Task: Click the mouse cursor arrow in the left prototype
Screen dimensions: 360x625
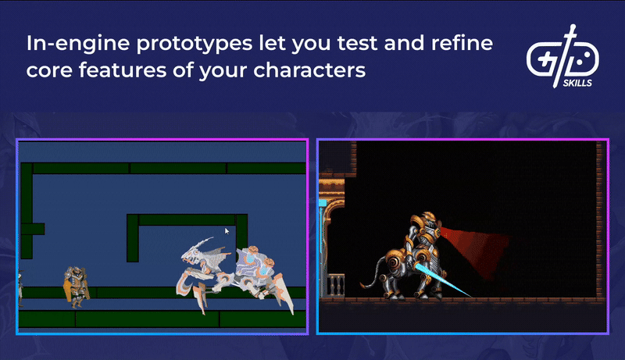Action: (x=227, y=231)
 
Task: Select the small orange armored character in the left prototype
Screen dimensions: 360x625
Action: (x=75, y=285)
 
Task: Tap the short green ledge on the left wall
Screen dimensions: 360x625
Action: (x=33, y=229)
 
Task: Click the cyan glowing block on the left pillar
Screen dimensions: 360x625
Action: (x=322, y=203)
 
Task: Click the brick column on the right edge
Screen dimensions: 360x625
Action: (x=601, y=219)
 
